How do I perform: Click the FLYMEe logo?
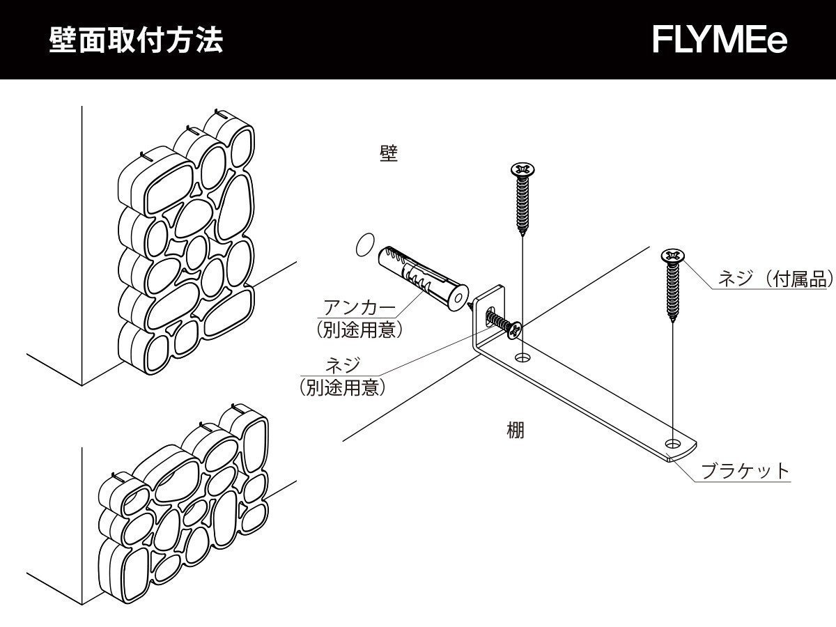(720, 40)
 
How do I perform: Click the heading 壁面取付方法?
(136, 40)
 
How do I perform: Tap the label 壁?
(389, 154)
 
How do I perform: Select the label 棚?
(515, 431)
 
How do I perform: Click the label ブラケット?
(745, 471)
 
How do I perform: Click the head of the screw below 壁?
(522, 169)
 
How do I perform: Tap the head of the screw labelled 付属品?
(672, 256)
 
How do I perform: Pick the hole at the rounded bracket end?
(673, 443)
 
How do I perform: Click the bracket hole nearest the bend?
(522, 358)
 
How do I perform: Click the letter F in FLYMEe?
(662, 40)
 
